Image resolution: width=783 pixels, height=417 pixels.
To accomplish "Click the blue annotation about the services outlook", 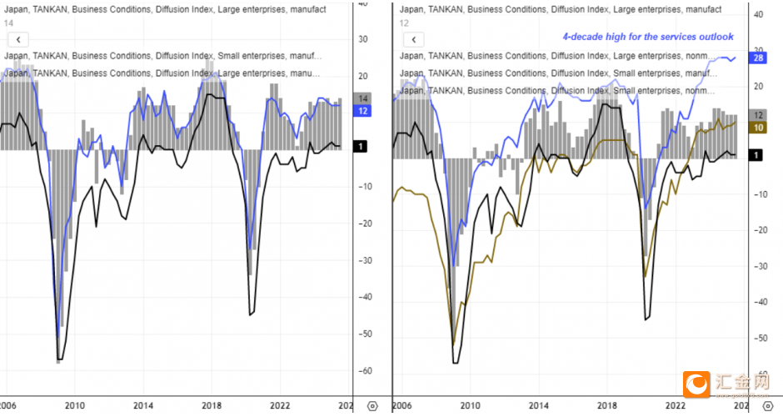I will tap(648, 37).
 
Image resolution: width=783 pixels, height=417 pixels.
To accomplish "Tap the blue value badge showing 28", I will tap(758, 58).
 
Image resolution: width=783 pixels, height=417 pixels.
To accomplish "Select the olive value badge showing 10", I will tap(758, 128).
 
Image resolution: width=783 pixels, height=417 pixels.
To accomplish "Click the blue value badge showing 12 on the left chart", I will tap(362, 111).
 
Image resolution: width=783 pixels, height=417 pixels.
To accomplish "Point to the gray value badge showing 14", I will tap(362, 98).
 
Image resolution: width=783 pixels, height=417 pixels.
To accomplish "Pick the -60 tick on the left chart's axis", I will tap(365, 370).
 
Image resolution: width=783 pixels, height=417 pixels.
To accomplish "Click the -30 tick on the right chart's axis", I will tap(760, 266).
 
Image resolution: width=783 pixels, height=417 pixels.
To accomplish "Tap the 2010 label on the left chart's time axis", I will tap(75, 404).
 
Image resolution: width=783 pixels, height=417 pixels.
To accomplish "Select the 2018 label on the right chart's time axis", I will tap(608, 404).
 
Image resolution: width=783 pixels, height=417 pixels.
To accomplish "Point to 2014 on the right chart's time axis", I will tap(539, 404).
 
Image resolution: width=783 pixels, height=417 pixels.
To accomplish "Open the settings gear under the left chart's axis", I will tap(372, 405).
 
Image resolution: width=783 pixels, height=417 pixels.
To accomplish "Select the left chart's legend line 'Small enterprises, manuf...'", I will tap(162, 56).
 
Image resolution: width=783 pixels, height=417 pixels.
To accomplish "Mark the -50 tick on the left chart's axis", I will tap(365, 334).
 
